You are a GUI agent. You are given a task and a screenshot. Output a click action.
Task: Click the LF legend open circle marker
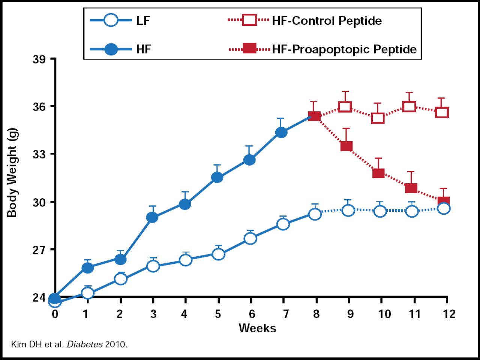(111, 20)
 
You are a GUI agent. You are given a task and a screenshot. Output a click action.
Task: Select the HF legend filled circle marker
(111, 49)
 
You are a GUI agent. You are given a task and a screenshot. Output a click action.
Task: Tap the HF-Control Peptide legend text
(327, 21)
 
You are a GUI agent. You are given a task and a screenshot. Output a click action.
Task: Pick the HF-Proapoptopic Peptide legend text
(344, 49)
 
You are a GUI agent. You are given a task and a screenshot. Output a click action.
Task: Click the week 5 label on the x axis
(218, 314)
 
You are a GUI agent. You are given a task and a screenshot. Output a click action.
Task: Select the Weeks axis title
(257, 328)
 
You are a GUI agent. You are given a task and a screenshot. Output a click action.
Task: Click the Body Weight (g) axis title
(12, 172)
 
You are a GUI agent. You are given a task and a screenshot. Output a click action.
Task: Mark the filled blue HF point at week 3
(152, 217)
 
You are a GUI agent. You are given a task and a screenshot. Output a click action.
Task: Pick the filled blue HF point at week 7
(281, 132)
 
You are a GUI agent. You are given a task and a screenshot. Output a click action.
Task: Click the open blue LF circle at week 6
(250, 238)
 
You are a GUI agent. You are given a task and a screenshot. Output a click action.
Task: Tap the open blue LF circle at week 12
(444, 208)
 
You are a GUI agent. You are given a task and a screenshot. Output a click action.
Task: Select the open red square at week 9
(345, 107)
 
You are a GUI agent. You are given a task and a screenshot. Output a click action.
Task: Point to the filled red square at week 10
(378, 173)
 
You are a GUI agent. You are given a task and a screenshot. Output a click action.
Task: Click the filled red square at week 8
(314, 117)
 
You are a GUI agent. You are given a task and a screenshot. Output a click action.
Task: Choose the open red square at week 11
(409, 107)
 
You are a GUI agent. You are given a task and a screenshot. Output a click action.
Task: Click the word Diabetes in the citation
(85, 344)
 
